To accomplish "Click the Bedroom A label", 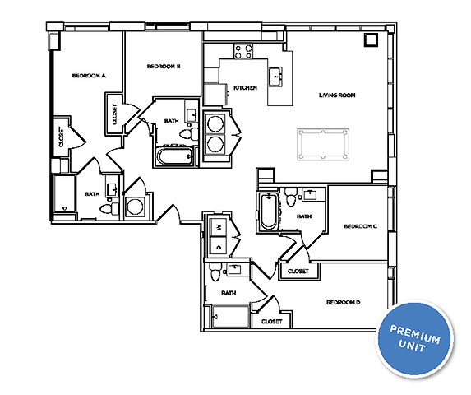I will click(x=89, y=76).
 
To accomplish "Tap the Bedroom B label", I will click(x=164, y=67).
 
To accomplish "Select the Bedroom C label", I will click(x=359, y=226).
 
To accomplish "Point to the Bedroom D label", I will click(x=344, y=303).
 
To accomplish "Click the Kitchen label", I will click(x=246, y=87).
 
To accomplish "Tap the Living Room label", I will click(x=337, y=95).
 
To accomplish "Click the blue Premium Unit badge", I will click(x=415, y=339).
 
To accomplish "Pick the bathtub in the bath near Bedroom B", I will click(x=173, y=155).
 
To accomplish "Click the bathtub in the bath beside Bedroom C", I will click(x=268, y=211).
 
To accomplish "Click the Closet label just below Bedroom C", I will click(x=297, y=271).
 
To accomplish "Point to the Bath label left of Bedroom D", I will click(x=229, y=292).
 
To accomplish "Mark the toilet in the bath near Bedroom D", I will click(x=214, y=272).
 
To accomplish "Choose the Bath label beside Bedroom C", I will click(x=303, y=216).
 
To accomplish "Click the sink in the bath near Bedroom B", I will click(x=190, y=114).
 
